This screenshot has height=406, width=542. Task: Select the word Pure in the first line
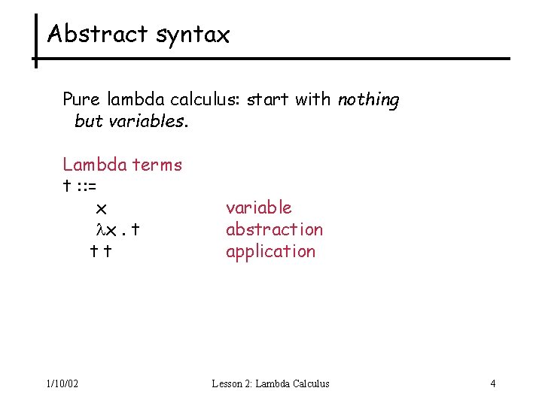[80, 99]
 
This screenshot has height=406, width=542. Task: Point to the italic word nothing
[368, 100]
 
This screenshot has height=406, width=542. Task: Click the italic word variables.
[148, 121]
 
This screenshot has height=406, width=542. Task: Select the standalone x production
[102, 208]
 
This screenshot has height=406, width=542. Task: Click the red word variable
[258, 208]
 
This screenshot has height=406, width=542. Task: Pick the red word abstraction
[274, 229]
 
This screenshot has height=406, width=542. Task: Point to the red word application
[270, 251]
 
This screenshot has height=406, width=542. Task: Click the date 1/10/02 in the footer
[62, 383]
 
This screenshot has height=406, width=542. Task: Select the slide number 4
[493, 383]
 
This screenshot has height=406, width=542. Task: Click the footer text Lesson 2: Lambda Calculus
[270, 383]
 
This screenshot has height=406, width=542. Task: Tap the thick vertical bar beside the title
[35, 41]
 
